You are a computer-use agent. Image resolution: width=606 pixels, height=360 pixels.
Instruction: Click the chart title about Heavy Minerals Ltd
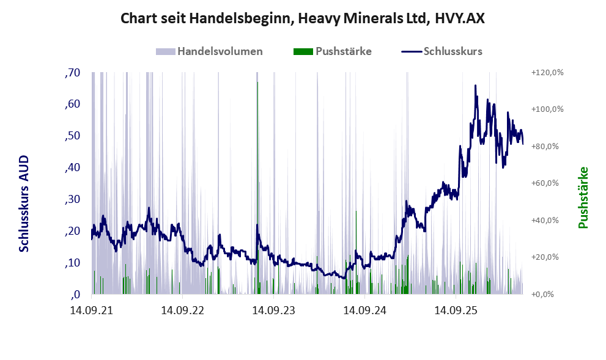[x=303, y=18]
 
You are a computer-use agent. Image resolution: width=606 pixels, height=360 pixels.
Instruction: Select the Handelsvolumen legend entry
[x=209, y=51]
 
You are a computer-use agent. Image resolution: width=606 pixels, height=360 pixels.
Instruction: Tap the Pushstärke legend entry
[x=333, y=51]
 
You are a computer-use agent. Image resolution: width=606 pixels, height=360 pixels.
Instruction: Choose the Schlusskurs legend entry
[x=442, y=51]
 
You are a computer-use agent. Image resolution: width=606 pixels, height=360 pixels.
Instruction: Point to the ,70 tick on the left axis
[x=72, y=73]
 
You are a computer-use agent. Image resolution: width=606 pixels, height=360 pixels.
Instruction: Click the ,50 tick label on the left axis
[x=72, y=136]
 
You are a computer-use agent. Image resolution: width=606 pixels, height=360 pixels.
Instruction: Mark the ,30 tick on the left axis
[x=72, y=199]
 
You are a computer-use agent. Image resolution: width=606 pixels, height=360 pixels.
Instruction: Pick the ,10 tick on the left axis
[x=72, y=263]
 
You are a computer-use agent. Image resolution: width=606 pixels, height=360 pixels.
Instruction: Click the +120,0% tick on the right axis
[x=547, y=73]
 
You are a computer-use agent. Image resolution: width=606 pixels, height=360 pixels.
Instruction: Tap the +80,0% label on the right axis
[x=545, y=147]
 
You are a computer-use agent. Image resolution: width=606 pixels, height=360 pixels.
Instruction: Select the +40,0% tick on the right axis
[x=545, y=220]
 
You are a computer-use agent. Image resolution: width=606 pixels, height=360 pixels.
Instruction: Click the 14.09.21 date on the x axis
[x=92, y=310]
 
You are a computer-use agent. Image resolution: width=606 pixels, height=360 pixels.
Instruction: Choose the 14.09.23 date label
[x=273, y=310]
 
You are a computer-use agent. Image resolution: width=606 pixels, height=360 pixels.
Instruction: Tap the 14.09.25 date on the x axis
[x=456, y=310]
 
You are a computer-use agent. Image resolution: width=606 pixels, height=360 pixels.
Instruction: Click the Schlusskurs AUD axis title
[x=24, y=204]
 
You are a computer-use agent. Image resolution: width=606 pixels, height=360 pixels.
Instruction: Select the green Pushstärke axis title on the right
[x=583, y=197]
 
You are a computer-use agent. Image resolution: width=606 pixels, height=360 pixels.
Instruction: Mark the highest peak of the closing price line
[x=475, y=86]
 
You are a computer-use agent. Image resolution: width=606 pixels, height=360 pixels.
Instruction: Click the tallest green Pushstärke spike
[x=258, y=188]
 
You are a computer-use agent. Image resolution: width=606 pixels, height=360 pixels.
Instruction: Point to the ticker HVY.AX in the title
[x=459, y=18]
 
